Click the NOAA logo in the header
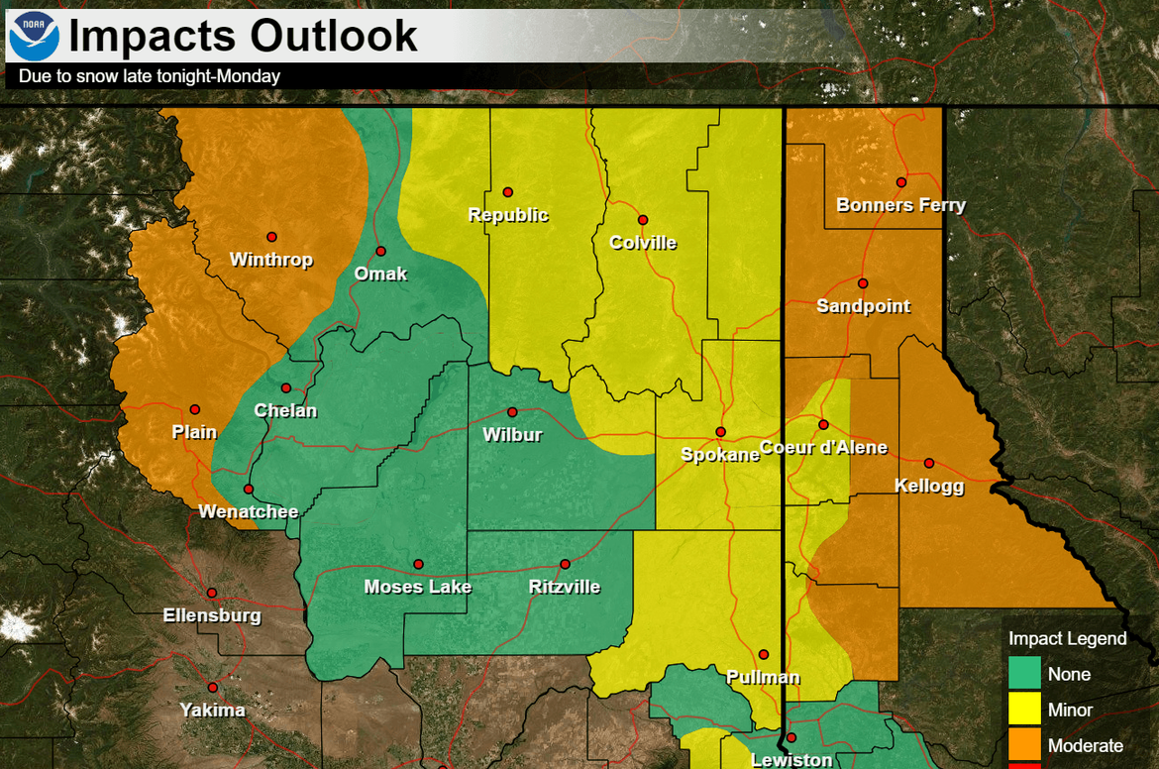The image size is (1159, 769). pos(34,35)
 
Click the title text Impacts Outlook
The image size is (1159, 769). pos(243,36)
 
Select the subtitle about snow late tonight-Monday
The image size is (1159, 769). pos(150,76)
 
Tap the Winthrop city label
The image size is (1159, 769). pos(270,260)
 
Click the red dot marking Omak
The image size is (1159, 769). pos(380,251)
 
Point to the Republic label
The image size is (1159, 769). pos(508,215)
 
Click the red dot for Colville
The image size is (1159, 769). pos(643,220)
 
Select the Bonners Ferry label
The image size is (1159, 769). pos(900,205)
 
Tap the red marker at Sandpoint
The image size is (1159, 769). pos(863,283)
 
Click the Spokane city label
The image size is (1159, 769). pos(719,455)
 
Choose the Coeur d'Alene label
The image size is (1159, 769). pos(823,448)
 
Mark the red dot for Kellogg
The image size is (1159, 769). pos(929,463)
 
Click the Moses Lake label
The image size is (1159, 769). pos(417,587)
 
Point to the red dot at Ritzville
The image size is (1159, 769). pos(565,564)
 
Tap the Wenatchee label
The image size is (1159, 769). pos(249,512)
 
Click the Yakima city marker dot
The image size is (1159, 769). pos(212,688)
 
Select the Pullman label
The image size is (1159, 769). pos(763,678)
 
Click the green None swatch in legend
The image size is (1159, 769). pos(1024,674)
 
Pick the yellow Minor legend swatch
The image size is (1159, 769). pos(1024,710)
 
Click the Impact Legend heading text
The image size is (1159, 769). pos(1067,638)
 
